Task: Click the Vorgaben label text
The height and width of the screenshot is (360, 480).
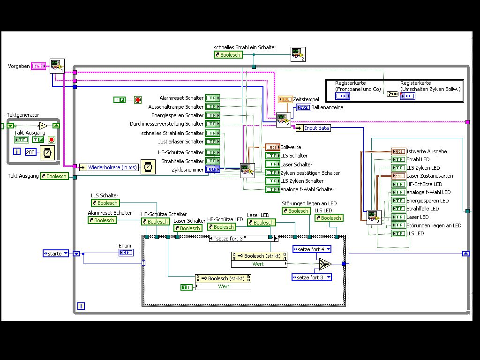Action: tap(19, 66)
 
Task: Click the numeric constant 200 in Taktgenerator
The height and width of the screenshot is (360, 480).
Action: tap(30, 152)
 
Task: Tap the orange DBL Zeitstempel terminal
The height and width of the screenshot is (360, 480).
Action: tap(285, 99)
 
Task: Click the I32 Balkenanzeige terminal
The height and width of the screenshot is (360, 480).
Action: tap(303, 108)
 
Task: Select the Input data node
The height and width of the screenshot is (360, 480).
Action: tap(316, 128)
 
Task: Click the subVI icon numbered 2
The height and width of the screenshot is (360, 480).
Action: tap(298, 54)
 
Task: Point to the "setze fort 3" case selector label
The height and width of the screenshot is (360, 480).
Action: tap(243, 238)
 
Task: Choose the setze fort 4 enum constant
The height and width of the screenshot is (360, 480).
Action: tap(312, 249)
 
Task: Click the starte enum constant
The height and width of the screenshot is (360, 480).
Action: tap(55, 254)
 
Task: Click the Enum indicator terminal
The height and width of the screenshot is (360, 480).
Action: tap(126, 253)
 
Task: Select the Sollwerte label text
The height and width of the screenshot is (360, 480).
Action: tap(291, 147)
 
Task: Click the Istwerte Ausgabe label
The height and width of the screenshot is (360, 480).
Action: tap(427, 151)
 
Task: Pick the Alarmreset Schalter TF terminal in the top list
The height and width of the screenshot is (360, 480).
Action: tap(213, 98)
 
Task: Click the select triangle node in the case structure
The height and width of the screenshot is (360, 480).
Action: tap(324, 265)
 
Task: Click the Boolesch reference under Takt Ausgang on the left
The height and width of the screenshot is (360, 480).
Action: tap(54, 176)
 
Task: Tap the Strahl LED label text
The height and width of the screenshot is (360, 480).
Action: tap(417, 159)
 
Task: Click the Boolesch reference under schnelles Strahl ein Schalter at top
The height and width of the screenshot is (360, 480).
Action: tap(228, 55)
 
